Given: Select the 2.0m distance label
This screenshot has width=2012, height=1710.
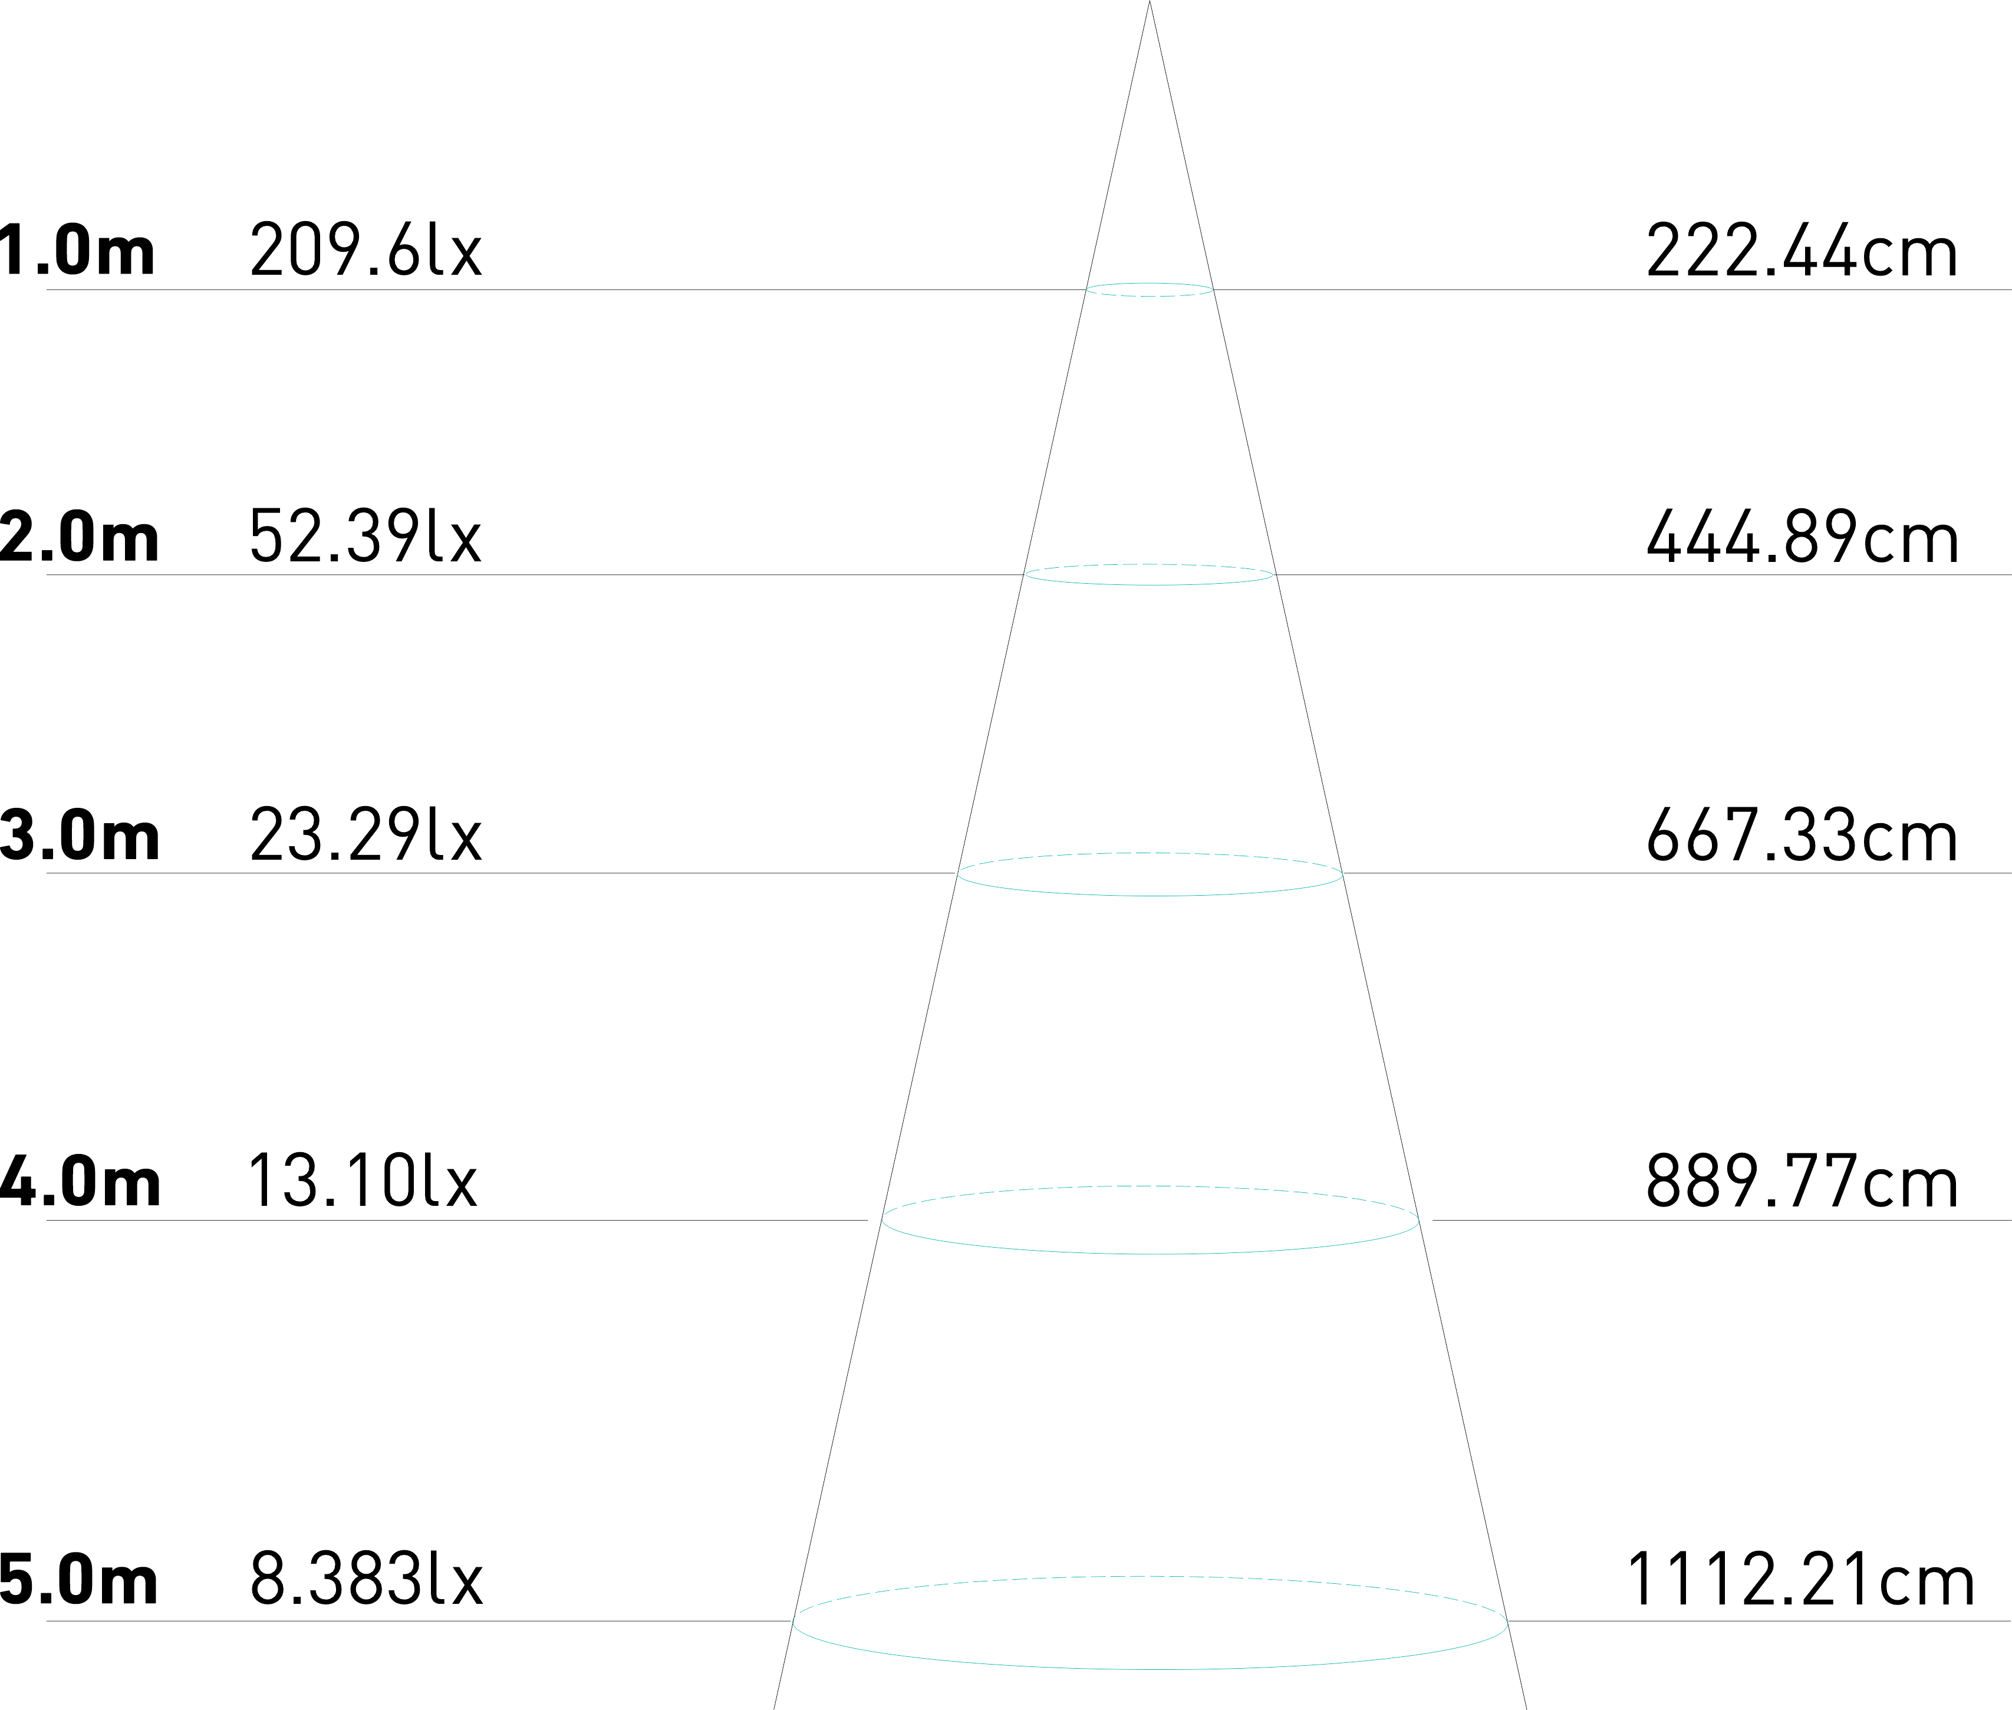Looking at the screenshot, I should click(80, 538).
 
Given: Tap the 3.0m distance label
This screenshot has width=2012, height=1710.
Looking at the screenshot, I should click(80, 836).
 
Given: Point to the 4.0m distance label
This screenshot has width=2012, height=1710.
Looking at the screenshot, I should click(80, 1183).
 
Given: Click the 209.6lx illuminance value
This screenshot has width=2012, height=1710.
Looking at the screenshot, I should click(365, 250).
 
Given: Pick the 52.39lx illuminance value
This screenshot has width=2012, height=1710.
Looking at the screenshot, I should click(365, 537).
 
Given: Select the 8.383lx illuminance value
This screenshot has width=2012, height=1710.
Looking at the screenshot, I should click(366, 1581).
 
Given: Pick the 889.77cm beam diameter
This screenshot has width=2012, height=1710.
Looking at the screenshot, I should click(1801, 1183).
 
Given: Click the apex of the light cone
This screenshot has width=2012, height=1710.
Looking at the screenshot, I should click(1150, 4).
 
